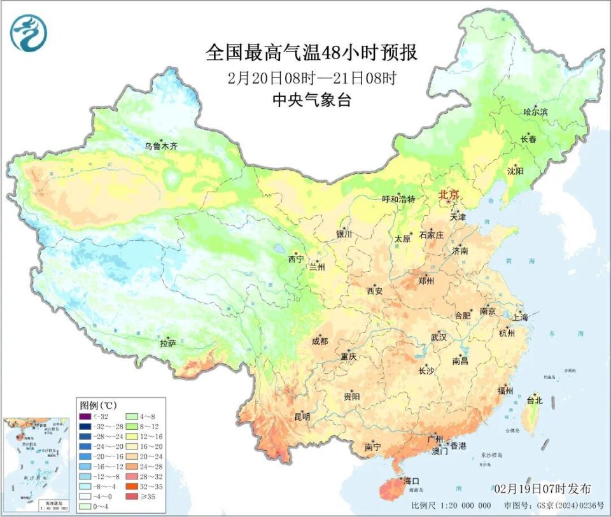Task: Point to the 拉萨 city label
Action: [x=167, y=343]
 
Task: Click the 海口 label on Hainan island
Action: [x=410, y=481]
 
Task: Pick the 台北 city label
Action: [x=533, y=400]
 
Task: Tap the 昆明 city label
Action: [x=302, y=417]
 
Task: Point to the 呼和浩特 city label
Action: [x=398, y=199]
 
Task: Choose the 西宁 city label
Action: [x=295, y=259]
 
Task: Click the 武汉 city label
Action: [x=439, y=337]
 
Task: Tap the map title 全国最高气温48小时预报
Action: [x=312, y=52]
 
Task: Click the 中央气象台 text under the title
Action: [x=312, y=100]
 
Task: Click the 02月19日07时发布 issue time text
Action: [x=542, y=488]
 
